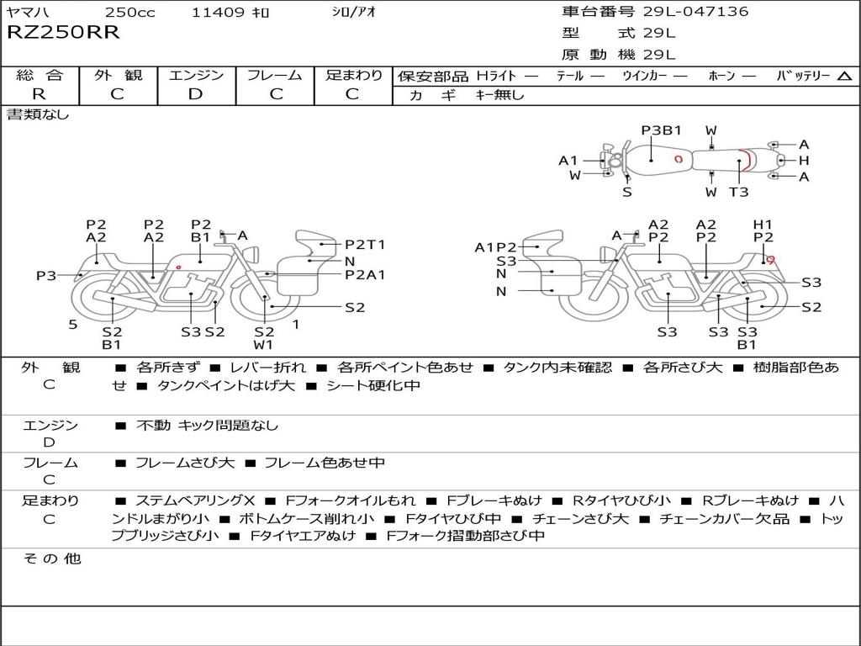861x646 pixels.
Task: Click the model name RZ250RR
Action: [63, 32]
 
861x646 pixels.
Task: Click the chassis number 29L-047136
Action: [695, 12]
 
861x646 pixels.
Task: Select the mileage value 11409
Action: [218, 12]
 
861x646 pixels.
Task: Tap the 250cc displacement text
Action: [129, 12]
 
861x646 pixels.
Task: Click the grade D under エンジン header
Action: [195, 94]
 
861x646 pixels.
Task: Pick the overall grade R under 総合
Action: [39, 94]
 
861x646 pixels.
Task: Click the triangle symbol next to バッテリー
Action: [844, 77]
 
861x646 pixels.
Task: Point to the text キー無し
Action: [499, 95]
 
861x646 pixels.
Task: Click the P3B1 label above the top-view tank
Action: [661, 130]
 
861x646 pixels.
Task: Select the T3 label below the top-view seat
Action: [738, 192]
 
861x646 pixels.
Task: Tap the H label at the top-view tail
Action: [804, 161]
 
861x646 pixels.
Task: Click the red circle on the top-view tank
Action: [679, 159]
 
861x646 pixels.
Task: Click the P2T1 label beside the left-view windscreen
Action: [365, 245]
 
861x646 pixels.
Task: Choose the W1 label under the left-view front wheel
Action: [263, 345]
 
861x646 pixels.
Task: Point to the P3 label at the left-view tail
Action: [46, 275]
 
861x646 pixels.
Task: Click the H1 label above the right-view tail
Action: [763, 225]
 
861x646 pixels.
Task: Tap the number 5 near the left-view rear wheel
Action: [73, 325]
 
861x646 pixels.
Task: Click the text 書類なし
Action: [38, 114]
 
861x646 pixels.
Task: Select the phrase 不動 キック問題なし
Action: [207, 425]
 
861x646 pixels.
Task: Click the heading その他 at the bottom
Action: [51, 559]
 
